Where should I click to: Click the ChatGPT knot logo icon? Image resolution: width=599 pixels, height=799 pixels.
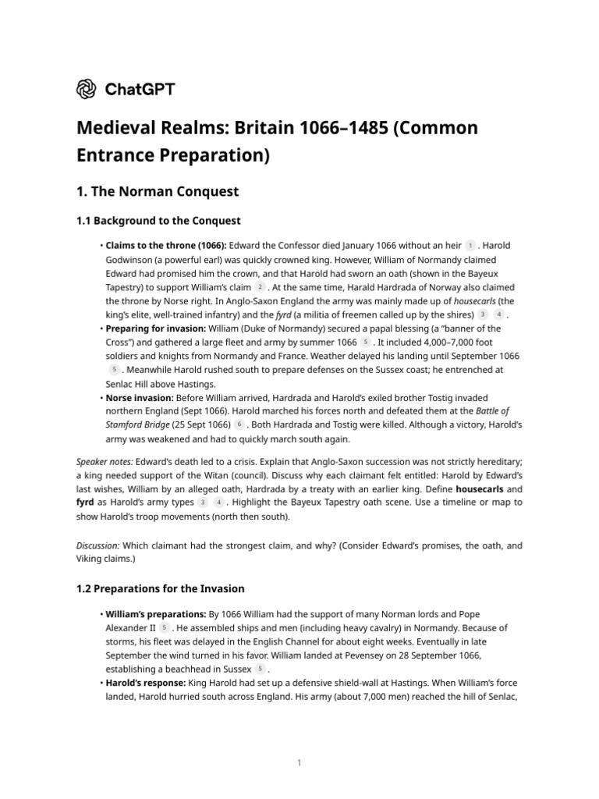coord(87,89)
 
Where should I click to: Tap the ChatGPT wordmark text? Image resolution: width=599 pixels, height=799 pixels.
coord(140,89)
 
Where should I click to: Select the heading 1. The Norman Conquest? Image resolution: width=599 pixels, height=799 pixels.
coord(157,191)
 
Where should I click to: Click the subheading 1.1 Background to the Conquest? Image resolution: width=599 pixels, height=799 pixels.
coord(158,221)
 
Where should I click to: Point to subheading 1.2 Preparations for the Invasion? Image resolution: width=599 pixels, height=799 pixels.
coord(160,588)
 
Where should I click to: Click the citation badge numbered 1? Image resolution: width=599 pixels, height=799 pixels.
coord(470,246)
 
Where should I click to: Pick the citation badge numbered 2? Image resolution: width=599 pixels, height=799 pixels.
coord(260,287)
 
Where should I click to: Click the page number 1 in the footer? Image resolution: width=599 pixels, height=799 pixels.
coord(299,762)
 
